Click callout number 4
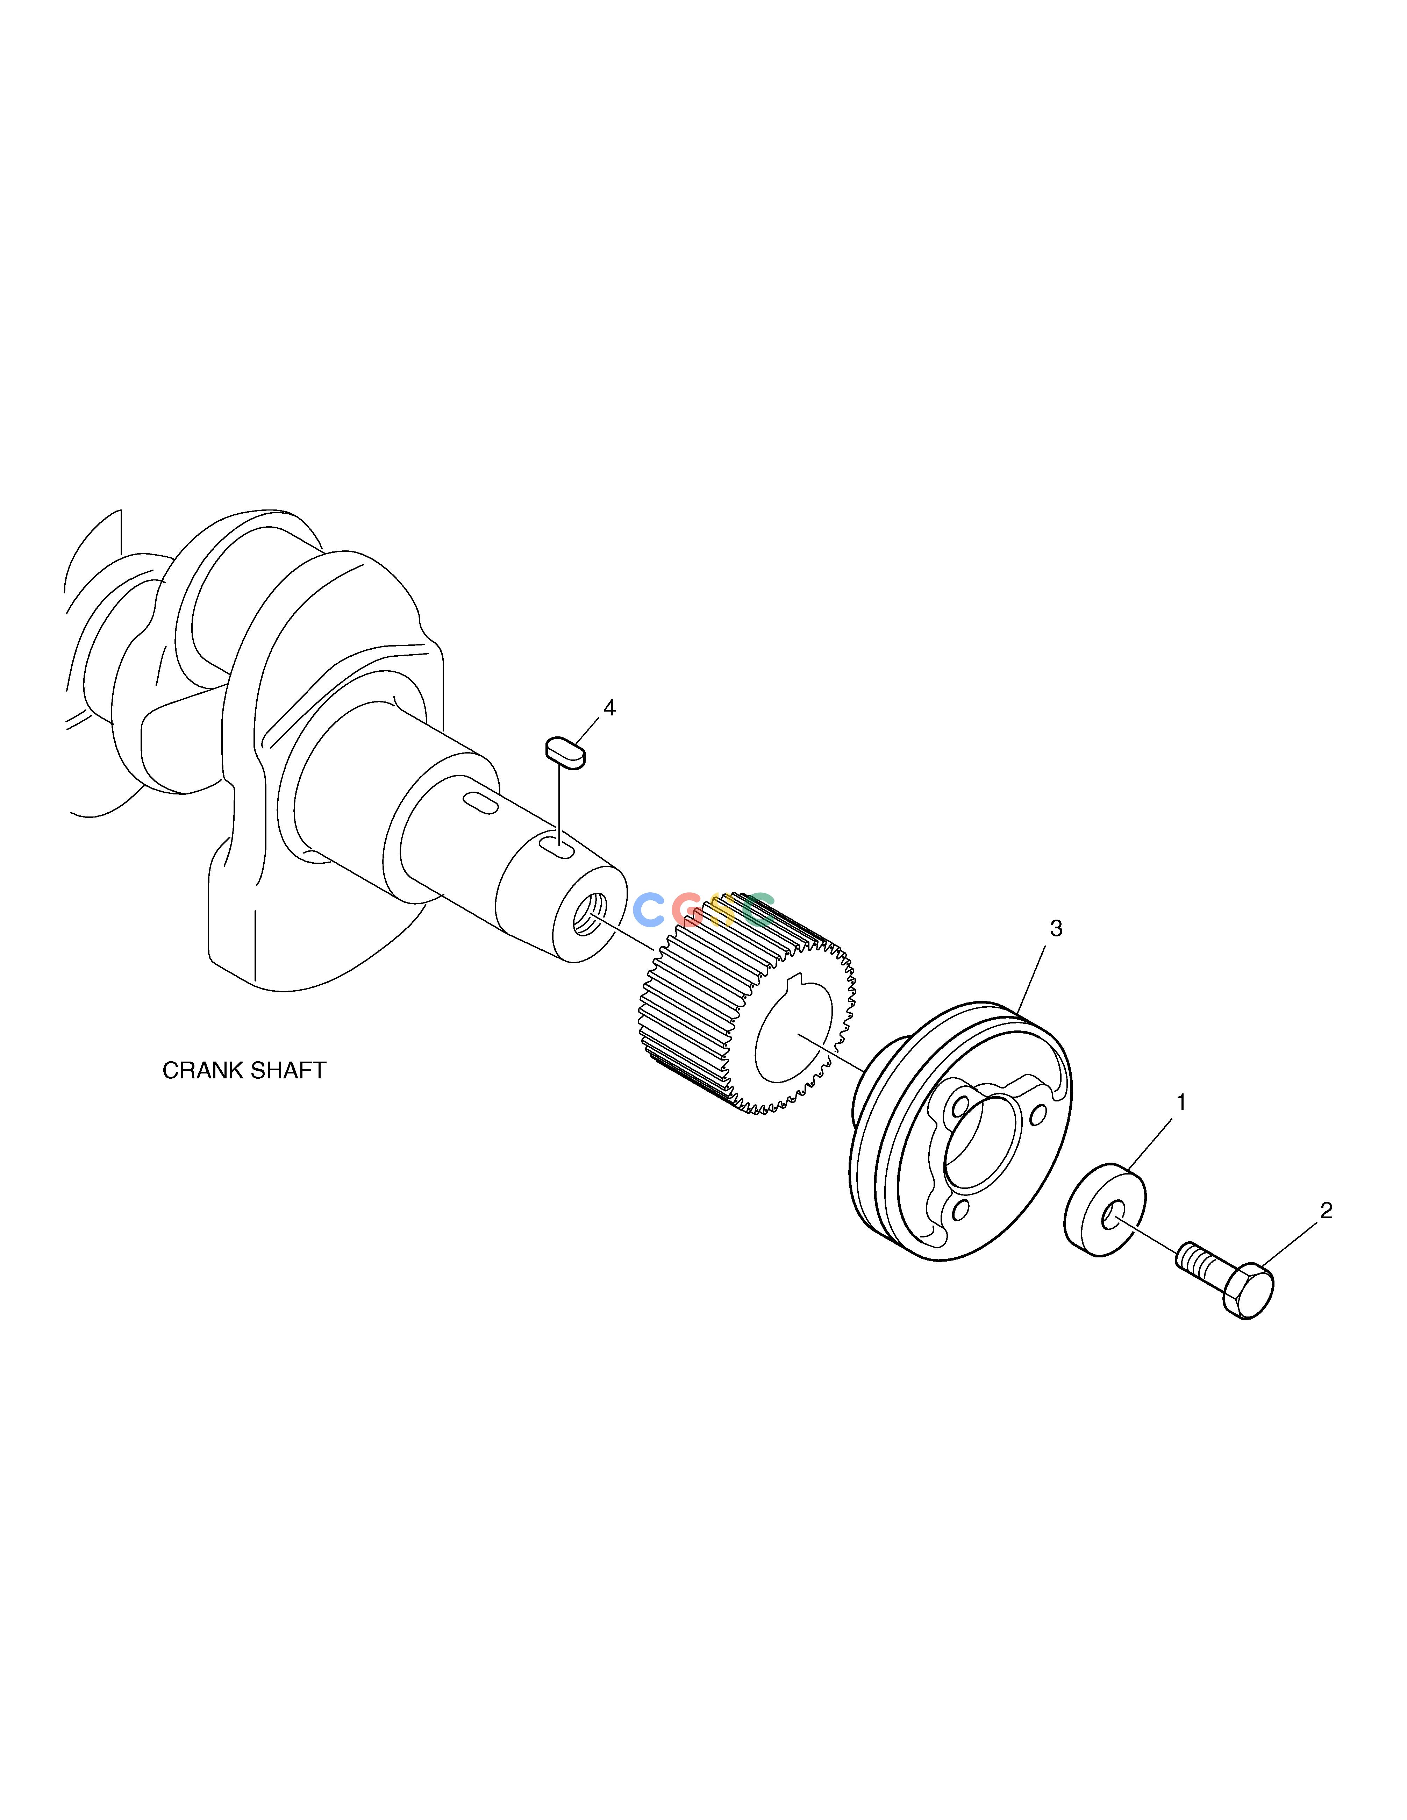point(609,708)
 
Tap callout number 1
point(1180,1102)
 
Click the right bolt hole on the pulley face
point(1038,1114)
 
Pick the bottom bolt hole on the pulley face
point(959,1207)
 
